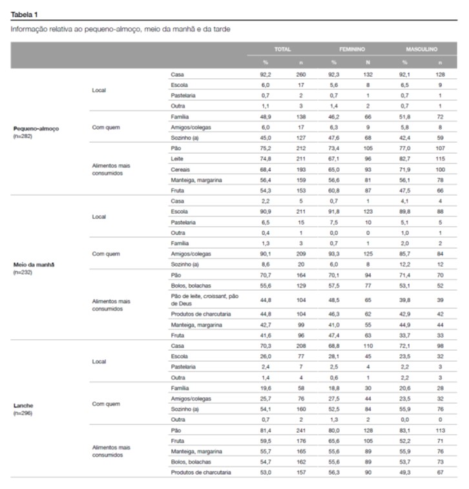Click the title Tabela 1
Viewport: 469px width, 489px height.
point(24,13)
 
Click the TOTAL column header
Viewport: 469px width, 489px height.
point(282,48)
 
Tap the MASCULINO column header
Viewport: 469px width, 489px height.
point(422,48)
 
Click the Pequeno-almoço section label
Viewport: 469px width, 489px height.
point(36,128)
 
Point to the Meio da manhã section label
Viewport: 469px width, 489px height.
point(34,265)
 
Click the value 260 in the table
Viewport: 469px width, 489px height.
point(299,75)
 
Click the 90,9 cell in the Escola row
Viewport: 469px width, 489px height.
point(265,211)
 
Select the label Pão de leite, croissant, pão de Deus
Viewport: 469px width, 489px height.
point(200,299)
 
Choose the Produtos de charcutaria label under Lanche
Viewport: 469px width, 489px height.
point(200,472)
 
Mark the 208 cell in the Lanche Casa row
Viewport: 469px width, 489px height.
point(299,347)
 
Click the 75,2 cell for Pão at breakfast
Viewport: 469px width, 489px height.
point(265,149)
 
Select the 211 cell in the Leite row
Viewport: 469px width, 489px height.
point(299,159)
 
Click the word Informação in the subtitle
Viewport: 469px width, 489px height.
point(29,30)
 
